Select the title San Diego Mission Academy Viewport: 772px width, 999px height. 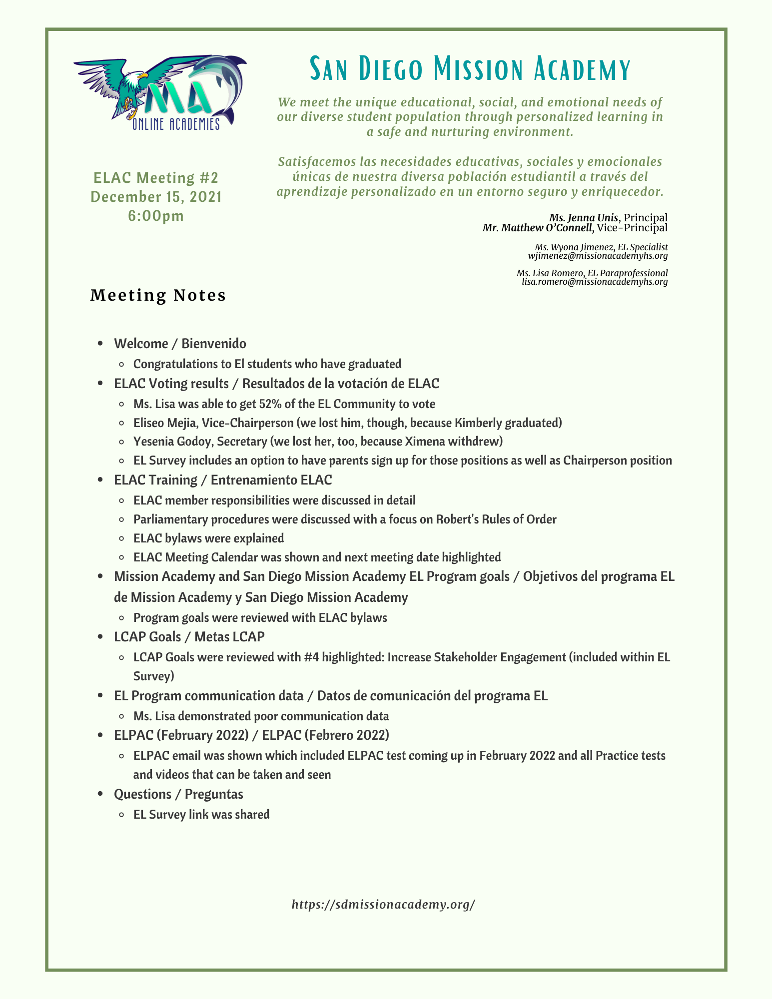470,69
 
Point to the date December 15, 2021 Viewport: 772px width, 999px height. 156,197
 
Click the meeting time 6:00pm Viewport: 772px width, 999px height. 156,216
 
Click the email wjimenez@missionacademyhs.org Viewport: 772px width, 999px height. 598,256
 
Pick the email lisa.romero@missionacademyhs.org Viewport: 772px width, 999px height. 595,282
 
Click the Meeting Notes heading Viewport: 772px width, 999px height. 158,295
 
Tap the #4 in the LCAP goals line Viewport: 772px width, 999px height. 311,657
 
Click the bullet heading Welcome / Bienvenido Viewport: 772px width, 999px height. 180,344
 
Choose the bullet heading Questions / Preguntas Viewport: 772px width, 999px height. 178,794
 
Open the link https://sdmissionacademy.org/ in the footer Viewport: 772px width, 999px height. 383,904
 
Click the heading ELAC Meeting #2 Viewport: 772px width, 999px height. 156,178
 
